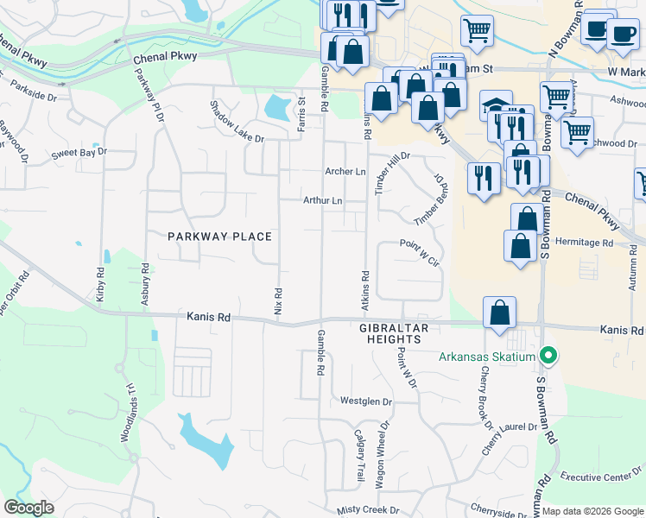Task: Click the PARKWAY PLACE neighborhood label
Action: coord(219,237)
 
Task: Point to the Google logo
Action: coord(28,508)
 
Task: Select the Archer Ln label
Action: coord(345,172)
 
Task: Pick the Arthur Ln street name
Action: coord(322,201)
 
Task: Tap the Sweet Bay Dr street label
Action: coord(79,153)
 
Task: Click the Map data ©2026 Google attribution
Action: coord(592,511)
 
